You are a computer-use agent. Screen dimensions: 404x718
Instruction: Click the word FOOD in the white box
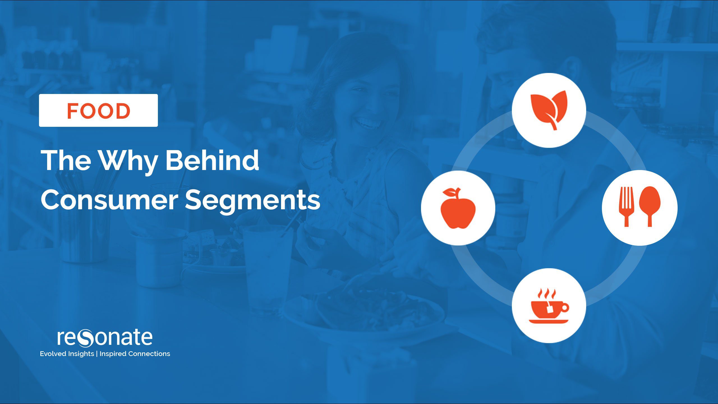[x=98, y=111]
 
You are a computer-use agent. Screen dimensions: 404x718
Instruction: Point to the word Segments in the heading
[x=252, y=201]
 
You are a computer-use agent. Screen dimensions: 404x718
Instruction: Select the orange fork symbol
[x=626, y=206]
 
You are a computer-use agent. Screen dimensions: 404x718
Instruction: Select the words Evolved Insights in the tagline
[x=67, y=354]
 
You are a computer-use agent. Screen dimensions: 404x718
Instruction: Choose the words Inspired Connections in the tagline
[x=135, y=354]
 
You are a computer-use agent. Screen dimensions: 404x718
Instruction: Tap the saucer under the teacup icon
[x=549, y=321]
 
